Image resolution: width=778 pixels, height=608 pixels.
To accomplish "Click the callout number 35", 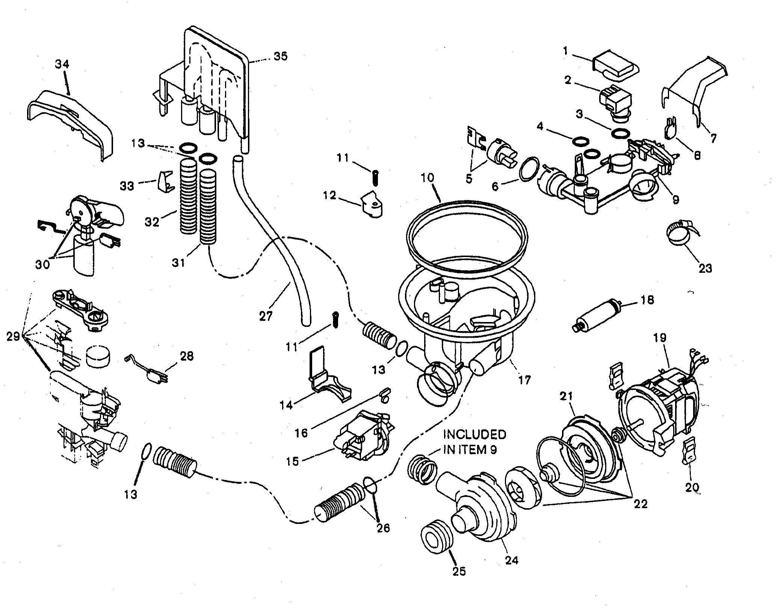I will coord(280,56).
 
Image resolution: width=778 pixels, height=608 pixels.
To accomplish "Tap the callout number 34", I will coord(62,64).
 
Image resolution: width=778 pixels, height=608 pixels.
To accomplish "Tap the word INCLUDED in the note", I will coord(475,435).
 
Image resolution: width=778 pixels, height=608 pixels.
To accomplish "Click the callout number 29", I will coord(14,337).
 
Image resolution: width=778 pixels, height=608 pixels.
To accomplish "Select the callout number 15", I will coord(293,461).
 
